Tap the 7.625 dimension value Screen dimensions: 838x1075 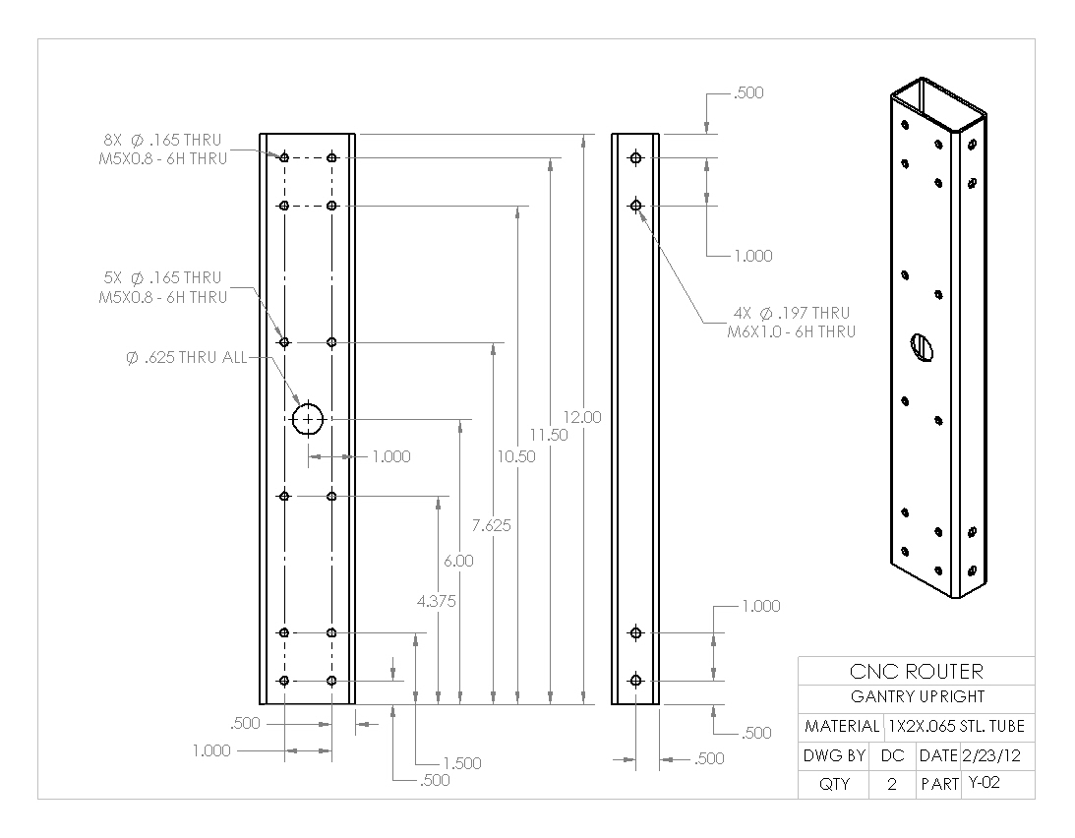[x=491, y=525]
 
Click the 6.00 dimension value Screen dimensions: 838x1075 [x=458, y=561]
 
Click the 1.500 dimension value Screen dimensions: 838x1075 [x=461, y=763]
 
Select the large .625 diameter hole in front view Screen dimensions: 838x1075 [x=308, y=420]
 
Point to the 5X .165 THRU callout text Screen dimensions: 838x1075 [x=162, y=278]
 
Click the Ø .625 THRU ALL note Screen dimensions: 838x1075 [x=186, y=358]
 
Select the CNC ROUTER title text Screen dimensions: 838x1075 [x=916, y=672]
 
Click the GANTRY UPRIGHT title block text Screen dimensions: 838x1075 [x=916, y=697]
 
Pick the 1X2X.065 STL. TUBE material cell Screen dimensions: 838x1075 [x=956, y=727]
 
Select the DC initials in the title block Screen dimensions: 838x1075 [x=892, y=756]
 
